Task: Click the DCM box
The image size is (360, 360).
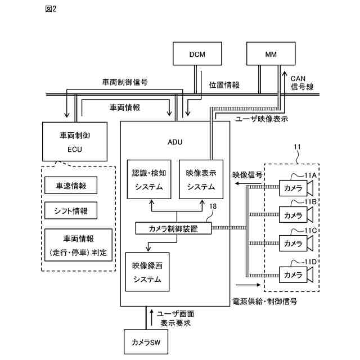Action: click(197, 53)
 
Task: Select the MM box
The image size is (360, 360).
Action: click(271, 53)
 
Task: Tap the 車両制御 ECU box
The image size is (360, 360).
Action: click(75, 141)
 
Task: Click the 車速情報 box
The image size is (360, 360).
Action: click(71, 185)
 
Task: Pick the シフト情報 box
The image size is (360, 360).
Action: click(71, 210)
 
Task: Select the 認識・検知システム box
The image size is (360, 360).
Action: click(149, 179)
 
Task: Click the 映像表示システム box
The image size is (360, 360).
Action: click(201, 179)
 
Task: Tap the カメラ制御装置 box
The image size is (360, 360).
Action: click(173, 228)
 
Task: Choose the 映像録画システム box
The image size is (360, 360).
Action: click(147, 272)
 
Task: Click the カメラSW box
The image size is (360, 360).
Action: click(146, 342)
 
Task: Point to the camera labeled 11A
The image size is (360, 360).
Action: click(296, 188)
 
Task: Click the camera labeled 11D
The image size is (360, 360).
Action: click(296, 274)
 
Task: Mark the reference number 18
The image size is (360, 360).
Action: click(213, 206)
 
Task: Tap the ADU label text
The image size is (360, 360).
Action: click(175, 142)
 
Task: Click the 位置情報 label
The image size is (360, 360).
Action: click(224, 85)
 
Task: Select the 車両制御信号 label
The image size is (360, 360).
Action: click(125, 82)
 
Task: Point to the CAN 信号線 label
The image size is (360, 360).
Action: click(302, 83)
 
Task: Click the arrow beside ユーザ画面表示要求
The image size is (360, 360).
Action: click(151, 317)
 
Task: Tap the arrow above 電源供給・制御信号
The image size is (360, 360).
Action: click(248, 285)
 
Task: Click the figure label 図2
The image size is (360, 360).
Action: click(51, 9)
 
